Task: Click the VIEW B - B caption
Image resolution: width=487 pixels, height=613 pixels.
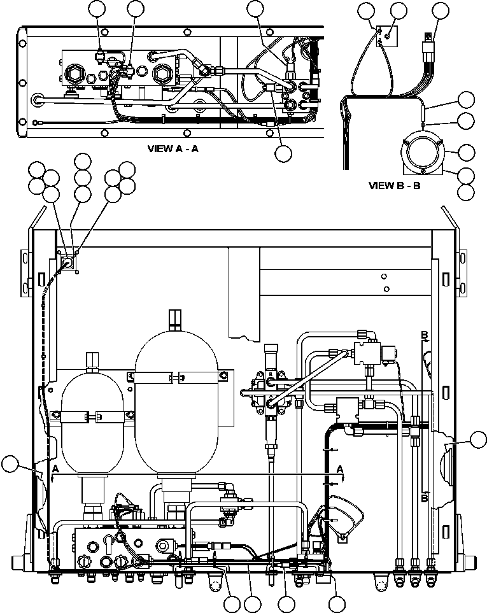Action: (395, 187)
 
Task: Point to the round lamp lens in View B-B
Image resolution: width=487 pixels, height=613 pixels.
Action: (420, 153)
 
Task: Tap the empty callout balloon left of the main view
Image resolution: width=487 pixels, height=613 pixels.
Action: (10, 465)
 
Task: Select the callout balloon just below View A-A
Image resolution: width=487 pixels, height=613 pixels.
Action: (283, 153)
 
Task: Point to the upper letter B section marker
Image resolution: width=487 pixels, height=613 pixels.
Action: (423, 334)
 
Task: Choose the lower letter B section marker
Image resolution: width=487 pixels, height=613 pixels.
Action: (423, 498)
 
